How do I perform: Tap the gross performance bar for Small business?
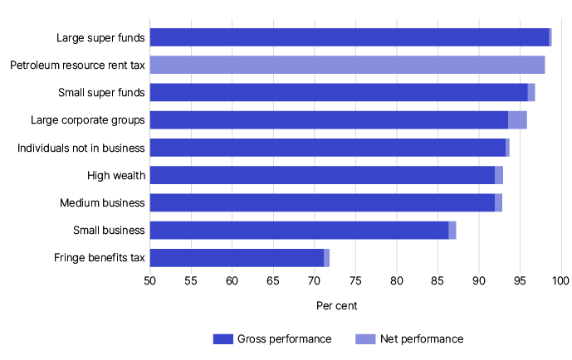click(x=299, y=230)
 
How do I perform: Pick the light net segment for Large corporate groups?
click(x=517, y=120)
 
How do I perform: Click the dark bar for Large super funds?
click(x=349, y=37)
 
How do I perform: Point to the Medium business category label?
click(x=102, y=202)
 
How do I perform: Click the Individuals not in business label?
click(x=81, y=148)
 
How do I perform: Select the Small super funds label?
click(x=101, y=92)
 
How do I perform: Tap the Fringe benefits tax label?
click(x=96, y=257)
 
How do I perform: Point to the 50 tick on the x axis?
click(x=149, y=280)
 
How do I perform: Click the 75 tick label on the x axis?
click(x=355, y=280)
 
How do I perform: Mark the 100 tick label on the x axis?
click(x=561, y=280)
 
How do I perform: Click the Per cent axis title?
click(x=337, y=306)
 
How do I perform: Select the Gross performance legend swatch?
click(x=223, y=338)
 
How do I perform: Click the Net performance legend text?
click(x=421, y=338)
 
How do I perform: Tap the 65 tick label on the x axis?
click(x=273, y=280)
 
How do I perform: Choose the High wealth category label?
click(x=116, y=175)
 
